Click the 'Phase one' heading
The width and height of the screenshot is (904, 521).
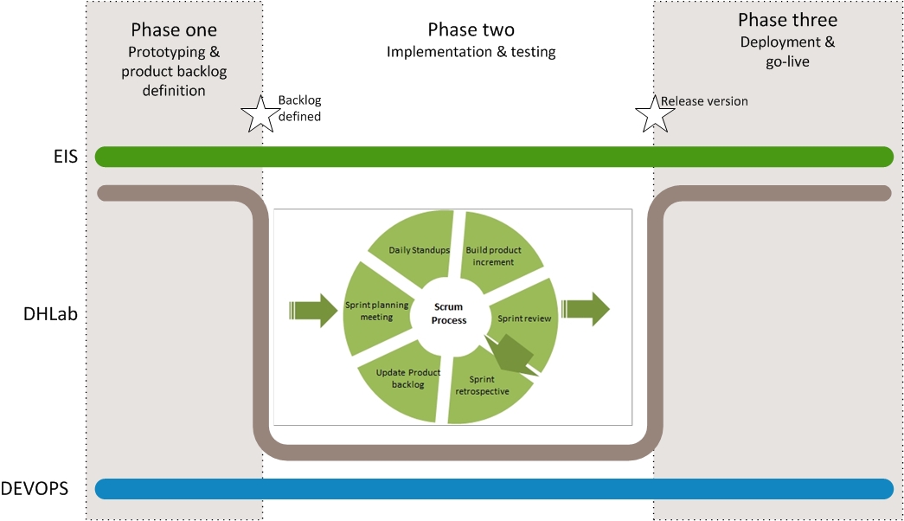[x=174, y=29]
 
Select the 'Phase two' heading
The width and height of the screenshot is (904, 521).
[x=471, y=29]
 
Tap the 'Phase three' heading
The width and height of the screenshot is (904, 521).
[x=787, y=20]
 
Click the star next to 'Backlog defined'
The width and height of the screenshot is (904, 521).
[x=260, y=114]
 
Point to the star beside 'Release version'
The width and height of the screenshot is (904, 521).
[x=655, y=114]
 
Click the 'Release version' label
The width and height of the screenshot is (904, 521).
[x=704, y=101]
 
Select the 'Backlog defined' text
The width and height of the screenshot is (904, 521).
[x=299, y=108]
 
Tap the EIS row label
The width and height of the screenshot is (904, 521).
[x=65, y=157]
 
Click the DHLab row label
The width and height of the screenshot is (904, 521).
[x=50, y=314]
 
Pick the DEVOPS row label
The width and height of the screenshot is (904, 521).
[x=35, y=489]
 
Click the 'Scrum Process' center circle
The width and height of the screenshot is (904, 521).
[x=449, y=313]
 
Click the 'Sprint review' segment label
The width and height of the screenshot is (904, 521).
[x=524, y=318]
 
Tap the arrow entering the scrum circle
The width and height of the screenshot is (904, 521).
[x=313, y=311]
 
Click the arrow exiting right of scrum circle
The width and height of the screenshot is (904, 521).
[x=585, y=309]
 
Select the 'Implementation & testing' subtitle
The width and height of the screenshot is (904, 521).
[x=471, y=52]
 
